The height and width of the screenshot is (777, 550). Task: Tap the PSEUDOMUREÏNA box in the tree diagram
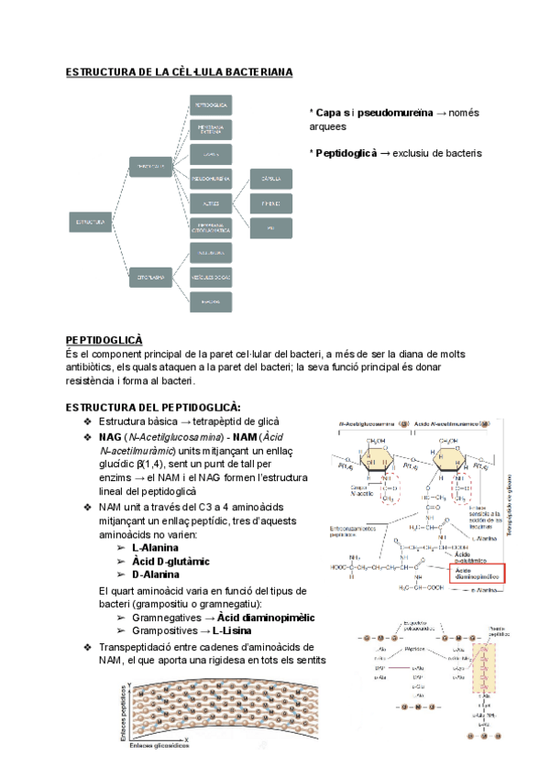[x=211, y=177]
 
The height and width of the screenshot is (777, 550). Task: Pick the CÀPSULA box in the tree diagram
[x=270, y=177]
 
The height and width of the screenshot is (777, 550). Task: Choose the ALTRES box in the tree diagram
[x=211, y=202]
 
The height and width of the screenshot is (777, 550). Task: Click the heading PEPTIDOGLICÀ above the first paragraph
[x=104, y=339]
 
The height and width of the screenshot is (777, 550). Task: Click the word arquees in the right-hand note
[x=328, y=127]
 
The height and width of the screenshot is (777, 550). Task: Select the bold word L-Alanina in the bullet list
[x=161, y=547]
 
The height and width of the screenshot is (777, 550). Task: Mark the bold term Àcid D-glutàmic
[x=171, y=561]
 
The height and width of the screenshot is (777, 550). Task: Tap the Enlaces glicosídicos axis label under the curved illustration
[x=159, y=746]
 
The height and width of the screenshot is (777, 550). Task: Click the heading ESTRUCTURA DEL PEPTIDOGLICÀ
[x=153, y=406]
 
